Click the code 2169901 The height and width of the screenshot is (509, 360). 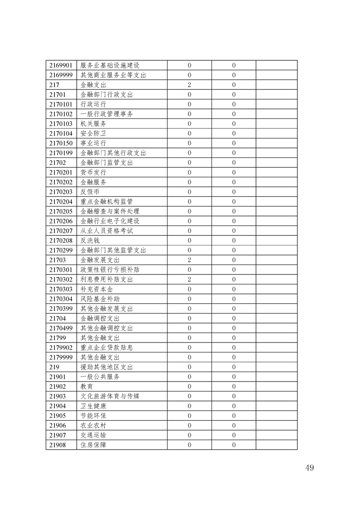[x=61, y=65]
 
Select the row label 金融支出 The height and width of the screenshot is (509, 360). [x=94, y=85]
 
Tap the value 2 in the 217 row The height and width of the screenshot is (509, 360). [x=189, y=85]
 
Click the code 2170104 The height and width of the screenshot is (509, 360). [x=61, y=133]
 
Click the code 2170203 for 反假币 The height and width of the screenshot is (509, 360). [x=61, y=192]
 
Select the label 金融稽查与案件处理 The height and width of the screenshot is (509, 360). [x=110, y=211]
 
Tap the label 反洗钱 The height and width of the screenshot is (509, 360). [x=90, y=240]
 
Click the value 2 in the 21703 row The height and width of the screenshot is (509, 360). [x=189, y=260]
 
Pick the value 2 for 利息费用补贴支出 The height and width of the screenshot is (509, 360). [x=189, y=279]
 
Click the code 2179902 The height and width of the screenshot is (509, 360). [x=61, y=347]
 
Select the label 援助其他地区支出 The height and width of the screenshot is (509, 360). [x=107, y=367]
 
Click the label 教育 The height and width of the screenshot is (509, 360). [x=87, y=387]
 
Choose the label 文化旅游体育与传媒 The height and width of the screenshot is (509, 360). [x=110, y=396]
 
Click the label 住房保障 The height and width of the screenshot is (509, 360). [x=94, y=445]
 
